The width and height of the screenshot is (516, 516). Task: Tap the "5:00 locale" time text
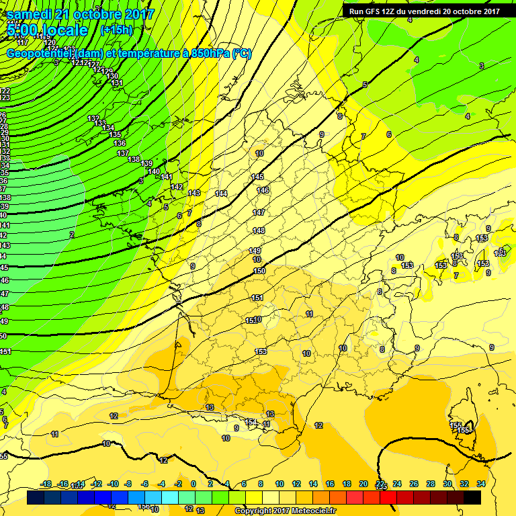point(48,30)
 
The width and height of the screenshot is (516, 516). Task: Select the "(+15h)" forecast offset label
point(116,30)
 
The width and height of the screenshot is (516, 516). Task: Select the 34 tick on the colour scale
point(480,484)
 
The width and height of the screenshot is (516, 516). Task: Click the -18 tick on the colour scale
point(46,484)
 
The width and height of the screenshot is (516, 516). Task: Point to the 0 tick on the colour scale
point(193,484)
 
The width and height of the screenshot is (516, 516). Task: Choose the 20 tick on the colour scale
point(363,484)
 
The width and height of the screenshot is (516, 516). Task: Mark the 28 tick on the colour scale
point(431,484)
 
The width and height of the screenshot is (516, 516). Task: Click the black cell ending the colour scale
point(472,497)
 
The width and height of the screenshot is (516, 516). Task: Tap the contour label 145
point(257,177)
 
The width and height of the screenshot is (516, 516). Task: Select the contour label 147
point(259,212)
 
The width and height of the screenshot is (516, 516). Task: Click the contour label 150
point(259,271)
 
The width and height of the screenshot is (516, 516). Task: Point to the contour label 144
point(221,193)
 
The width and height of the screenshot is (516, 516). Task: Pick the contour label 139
point(147,164)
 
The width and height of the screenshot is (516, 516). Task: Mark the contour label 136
point(120,143)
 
